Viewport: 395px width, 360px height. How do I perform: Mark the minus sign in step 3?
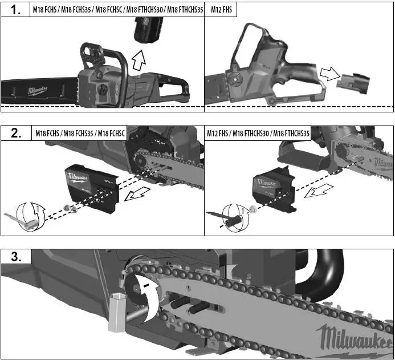click(146, 283)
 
